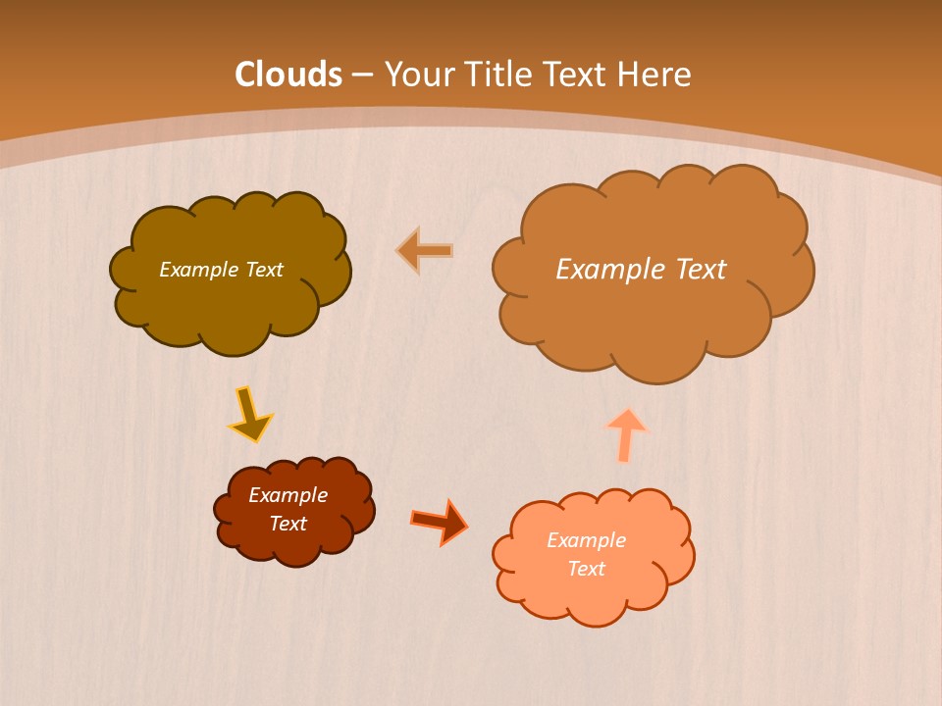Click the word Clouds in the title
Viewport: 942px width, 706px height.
click(288, 75)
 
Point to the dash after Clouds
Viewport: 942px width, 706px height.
click(361, 75)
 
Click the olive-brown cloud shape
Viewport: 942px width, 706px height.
click(231, 304)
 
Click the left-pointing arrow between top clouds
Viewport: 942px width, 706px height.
click(426, 251)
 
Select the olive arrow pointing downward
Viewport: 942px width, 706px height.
click(249, 415)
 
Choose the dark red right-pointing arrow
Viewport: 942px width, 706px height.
click(440, 522)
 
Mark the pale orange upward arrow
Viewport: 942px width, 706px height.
click(626, 433)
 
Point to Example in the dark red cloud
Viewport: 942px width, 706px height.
click(288, 495)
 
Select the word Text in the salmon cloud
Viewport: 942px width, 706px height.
click(586, 570)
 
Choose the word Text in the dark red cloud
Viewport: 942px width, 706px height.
click(288, 524)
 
